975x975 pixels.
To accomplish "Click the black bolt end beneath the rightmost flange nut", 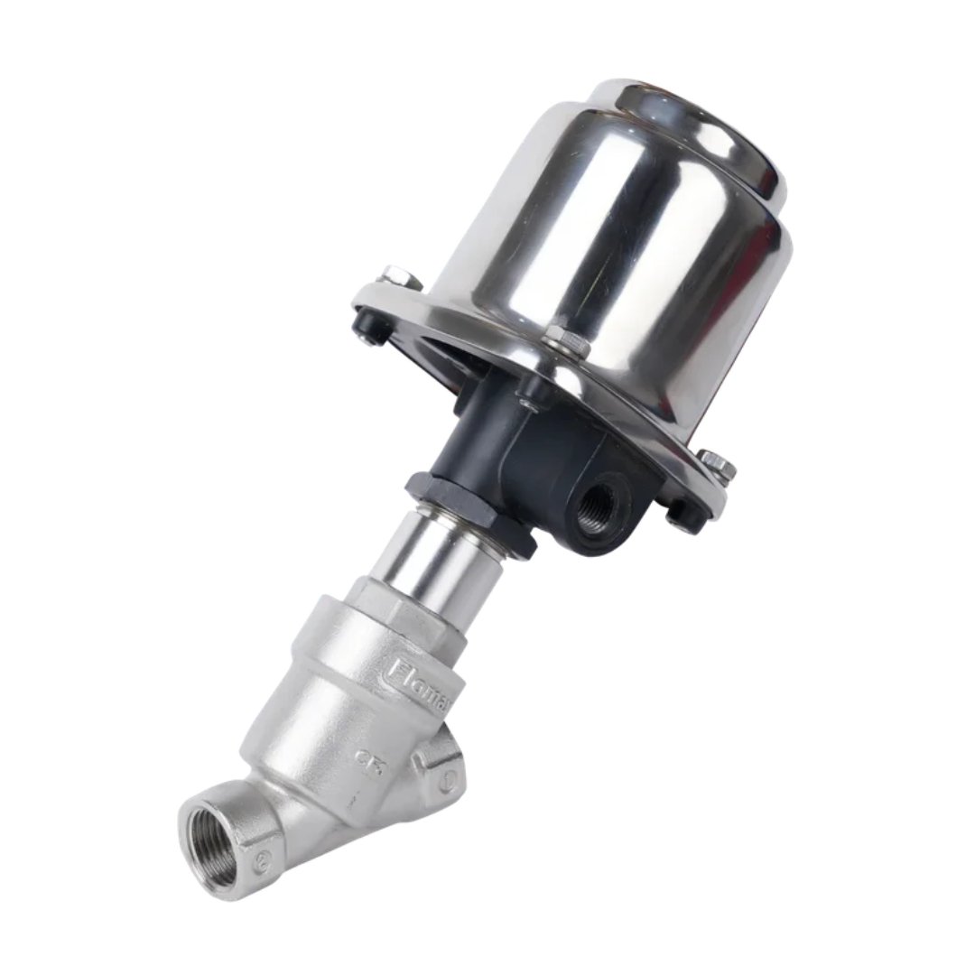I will (684, 515).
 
